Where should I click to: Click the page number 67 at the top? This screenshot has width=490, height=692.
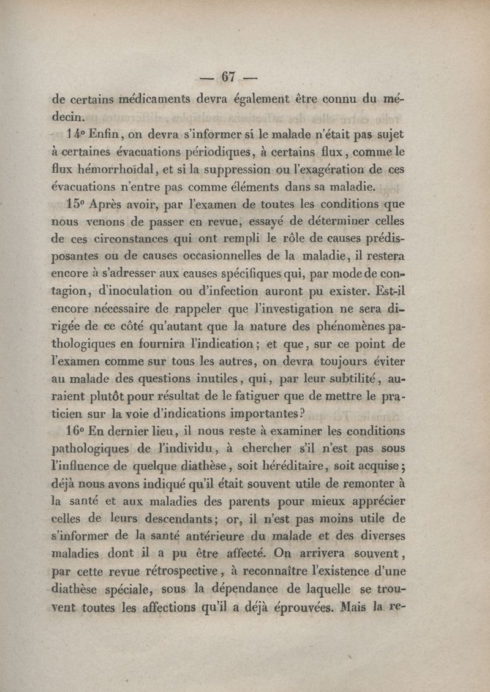(228, 77)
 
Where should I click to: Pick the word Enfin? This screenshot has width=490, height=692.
(110, 134)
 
